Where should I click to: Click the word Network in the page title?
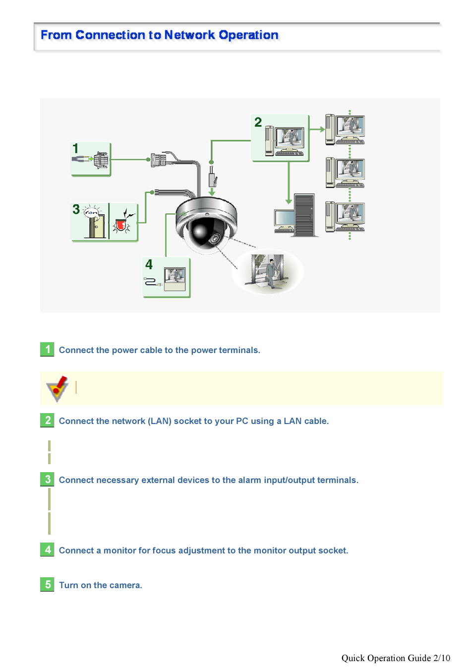click(189, 35)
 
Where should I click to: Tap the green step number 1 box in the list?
click(47, 349)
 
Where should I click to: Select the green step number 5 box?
click(47, 584)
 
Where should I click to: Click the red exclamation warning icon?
click(57, 388)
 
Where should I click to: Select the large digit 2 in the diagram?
click(258, 122)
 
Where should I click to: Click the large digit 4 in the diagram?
click(149, 264)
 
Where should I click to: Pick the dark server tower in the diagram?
click(304, 215)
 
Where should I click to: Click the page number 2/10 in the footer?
click(442, 658)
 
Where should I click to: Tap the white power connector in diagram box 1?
click(101, 160)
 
